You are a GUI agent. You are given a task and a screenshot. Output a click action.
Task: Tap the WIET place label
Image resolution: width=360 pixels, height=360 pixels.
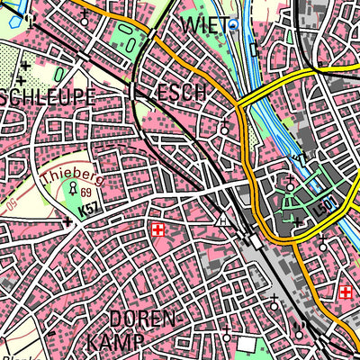(204, 23)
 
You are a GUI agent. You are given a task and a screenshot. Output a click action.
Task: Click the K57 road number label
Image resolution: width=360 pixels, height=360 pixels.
(88, 210)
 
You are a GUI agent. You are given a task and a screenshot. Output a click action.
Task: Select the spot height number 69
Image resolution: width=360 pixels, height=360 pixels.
(86, 193)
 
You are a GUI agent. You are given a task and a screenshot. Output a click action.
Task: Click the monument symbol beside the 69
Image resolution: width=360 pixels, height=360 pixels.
(74, 189)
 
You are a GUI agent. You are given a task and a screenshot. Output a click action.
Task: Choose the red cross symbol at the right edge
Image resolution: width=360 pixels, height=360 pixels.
(346, 292)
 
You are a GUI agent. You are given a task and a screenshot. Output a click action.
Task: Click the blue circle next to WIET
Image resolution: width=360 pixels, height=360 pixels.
(234, 25)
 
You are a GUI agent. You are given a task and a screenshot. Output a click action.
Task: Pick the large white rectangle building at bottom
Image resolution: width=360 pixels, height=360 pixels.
(247, 345)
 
